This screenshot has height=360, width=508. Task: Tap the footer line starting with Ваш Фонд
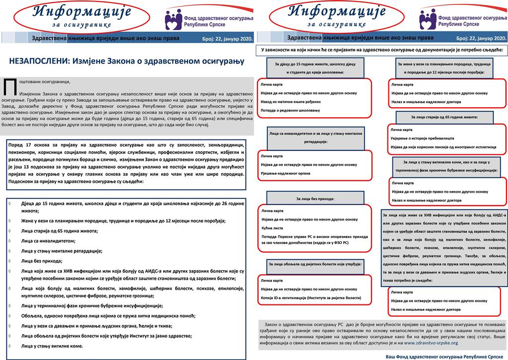(444, 356)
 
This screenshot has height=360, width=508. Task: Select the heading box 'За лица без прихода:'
(315, 199)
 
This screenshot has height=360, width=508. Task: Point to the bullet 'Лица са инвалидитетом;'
(49, 241)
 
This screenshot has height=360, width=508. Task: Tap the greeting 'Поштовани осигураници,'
(45, 81)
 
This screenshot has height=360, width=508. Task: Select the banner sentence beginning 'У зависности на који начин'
(381, 50)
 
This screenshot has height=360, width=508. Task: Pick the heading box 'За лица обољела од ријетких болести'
(315, 264)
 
